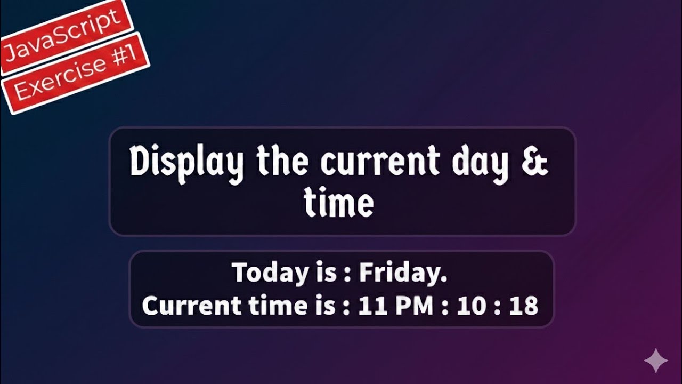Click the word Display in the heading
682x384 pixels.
(x=187, y=162)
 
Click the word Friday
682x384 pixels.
(x=403, y=273)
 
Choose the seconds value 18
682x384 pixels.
(x=523, y=306)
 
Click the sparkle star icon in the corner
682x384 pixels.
(x=656, y=361)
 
